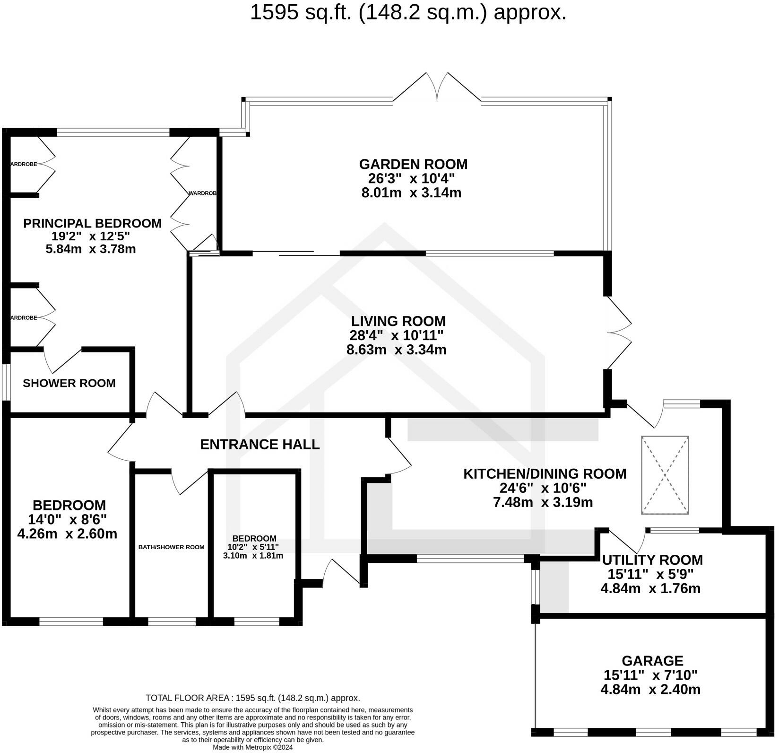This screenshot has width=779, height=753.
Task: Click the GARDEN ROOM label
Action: click(413, 164)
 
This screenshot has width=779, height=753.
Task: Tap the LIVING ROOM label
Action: click(398, 321)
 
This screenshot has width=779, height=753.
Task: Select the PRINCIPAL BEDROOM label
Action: click(92, 223)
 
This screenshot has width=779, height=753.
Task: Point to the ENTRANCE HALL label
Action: click(260, 444)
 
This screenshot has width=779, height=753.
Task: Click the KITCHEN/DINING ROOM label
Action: click(545, 473)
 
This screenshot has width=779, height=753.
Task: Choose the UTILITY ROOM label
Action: click(652, 560)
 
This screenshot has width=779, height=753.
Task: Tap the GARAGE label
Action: click(652, 661)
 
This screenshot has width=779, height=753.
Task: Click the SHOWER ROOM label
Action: click(69, 383)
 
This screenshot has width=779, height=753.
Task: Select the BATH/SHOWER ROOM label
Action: click(171, 547)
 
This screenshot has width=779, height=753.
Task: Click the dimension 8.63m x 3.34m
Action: click(396, 350)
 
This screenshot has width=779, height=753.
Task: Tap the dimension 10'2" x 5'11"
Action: click(254, 547)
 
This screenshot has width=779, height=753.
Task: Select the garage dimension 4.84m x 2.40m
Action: click(650, 690)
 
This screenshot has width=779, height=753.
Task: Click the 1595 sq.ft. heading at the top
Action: click(408, 13)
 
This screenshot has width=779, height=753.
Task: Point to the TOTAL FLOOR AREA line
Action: click(253, 698)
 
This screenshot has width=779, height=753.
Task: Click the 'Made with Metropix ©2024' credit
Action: click(253, 748)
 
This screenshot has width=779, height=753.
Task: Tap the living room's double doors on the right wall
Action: click(619, 333)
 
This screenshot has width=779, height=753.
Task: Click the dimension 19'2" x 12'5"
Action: click(91, 236)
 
